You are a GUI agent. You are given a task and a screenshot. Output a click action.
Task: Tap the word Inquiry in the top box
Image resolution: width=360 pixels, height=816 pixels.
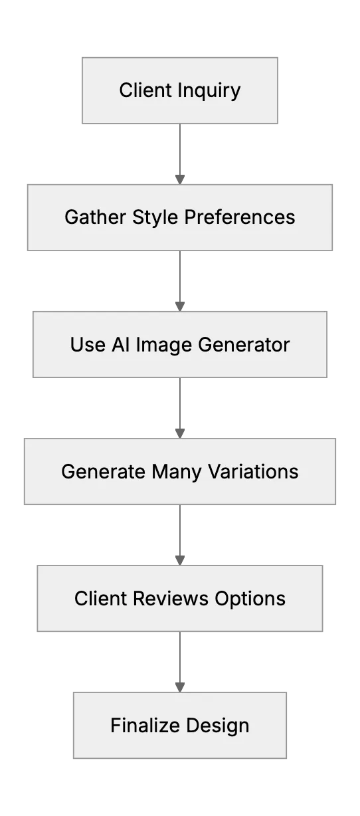pyautogui.click(x=209, y=91)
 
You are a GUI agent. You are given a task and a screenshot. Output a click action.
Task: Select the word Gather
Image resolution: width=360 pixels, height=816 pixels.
pyautogui.click(x=96, y=217)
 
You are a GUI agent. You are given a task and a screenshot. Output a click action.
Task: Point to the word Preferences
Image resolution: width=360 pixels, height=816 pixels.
pyautogui.click(x=240, y=217)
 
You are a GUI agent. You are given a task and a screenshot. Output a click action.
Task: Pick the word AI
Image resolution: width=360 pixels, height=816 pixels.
pyautogui.click(x=120, y=344)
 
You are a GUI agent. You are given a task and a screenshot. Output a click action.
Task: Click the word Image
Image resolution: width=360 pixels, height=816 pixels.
pyautogui.click(x=164, y=346)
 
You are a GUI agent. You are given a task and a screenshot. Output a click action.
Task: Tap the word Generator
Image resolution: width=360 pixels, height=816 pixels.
pyautogui.click(x=244, y=344)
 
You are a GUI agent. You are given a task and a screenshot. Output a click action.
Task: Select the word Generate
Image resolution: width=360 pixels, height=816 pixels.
pyautogui.click(x=104, y=471)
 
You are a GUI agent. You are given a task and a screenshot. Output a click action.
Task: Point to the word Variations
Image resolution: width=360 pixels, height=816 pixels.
pyautogui.click(x=253, y=471)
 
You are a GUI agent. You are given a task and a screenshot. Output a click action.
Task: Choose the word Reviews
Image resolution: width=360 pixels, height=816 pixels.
pyautogui.click(x=171, y=598)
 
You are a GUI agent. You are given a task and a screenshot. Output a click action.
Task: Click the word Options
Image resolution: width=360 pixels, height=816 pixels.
pyautogui.click(x=250, y=599)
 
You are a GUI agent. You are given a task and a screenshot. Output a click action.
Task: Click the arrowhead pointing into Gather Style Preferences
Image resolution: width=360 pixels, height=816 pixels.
pyautogui.click(x=180, y=179)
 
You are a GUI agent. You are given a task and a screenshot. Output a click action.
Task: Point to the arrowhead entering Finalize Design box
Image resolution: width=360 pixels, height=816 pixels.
pyautogui.click(x=180, y=687)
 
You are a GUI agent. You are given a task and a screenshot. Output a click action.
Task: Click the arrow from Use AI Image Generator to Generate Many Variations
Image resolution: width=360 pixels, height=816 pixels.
pyautogui.click(x=180, y=408)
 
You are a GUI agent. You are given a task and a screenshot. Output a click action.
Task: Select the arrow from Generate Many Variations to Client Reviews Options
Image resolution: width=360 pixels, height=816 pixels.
pyautogui.click(x=180, y=535)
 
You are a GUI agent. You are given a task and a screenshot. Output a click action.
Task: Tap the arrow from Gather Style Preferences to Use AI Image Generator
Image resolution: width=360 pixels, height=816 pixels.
pyautogui.click(x=180, y=281)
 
